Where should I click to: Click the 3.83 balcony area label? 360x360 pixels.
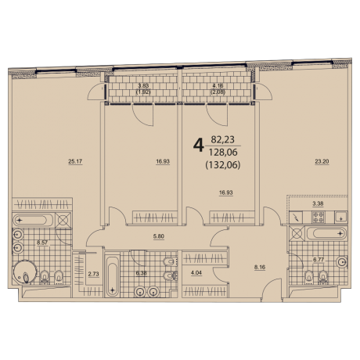point(143,87)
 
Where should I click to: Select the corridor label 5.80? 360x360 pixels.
point(159,236)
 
